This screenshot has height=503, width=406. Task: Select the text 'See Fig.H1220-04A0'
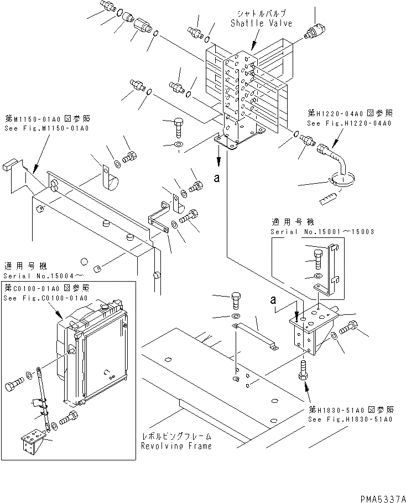[349, 123]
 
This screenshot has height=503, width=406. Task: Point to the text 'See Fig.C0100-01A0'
[46, 298]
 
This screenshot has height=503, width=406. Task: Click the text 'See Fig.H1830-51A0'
[350, 419]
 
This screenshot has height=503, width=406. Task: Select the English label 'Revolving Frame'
[176, 445]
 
